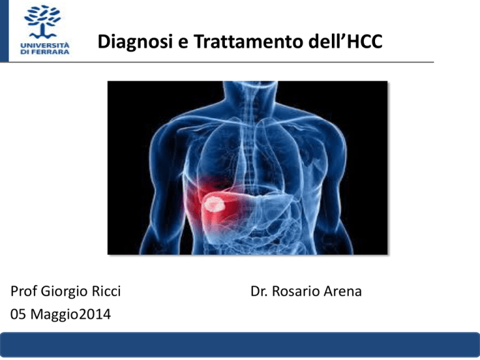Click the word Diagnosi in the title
click(x=135, y=42)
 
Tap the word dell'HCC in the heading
click(x=346, y=41)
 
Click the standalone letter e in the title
click(x=182, y=44)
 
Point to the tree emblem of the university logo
click(x=42, y=22)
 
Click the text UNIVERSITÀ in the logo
click(x=45, y=45)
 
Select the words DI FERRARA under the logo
click(x=45, y=52)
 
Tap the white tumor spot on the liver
click(x=214, y=204)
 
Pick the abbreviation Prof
click(x=24, y=291)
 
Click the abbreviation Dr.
click(x=259, y=291)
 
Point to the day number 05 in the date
click(x=18, y=314)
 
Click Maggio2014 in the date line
click(x=71, y=315)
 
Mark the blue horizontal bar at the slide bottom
click(x=240, y=345)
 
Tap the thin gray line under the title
click(x=221, y=62)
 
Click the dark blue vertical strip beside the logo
click(x=4, y=31)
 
